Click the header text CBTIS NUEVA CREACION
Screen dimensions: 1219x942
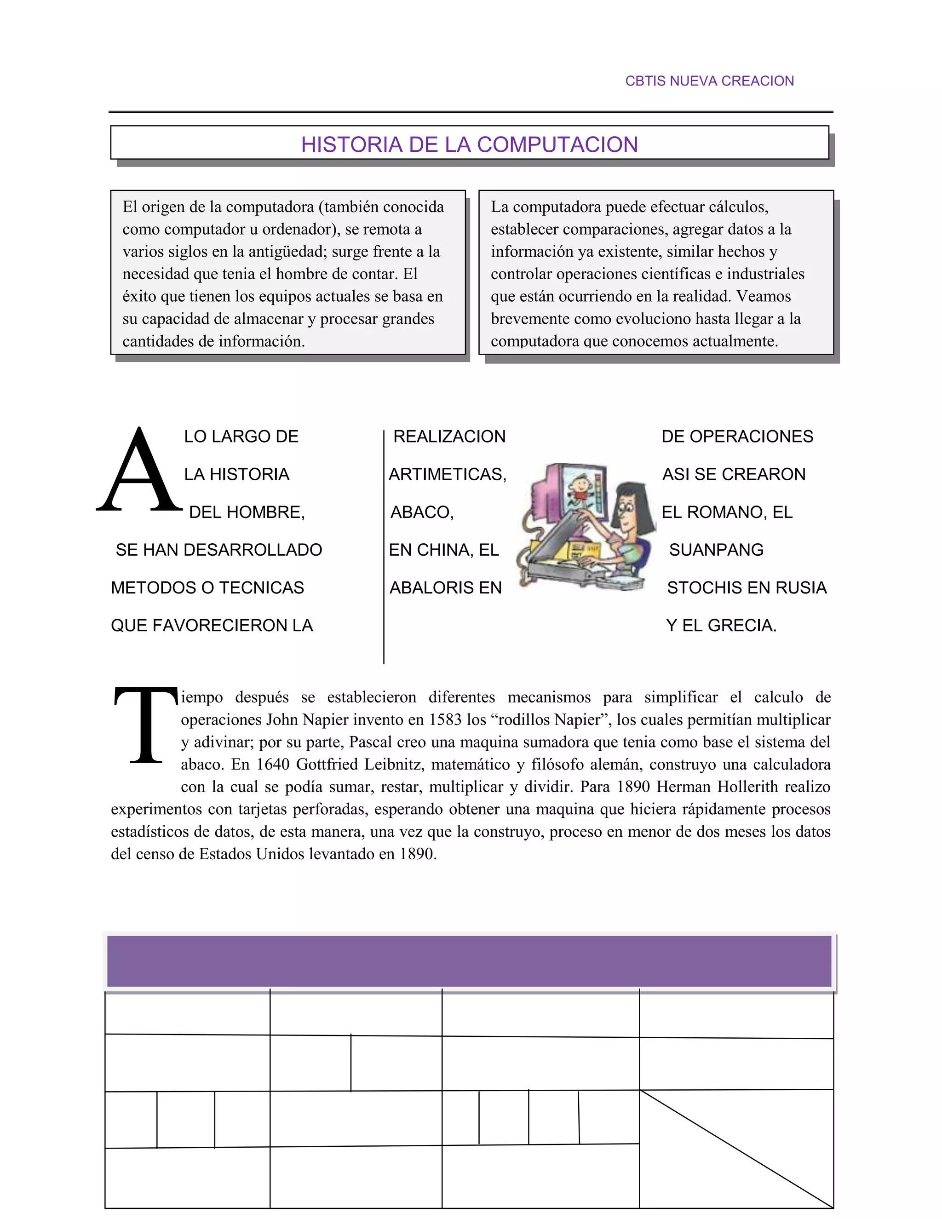709,81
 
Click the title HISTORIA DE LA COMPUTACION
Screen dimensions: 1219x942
469,144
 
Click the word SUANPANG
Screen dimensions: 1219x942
716,550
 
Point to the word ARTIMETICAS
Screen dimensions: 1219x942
447,474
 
